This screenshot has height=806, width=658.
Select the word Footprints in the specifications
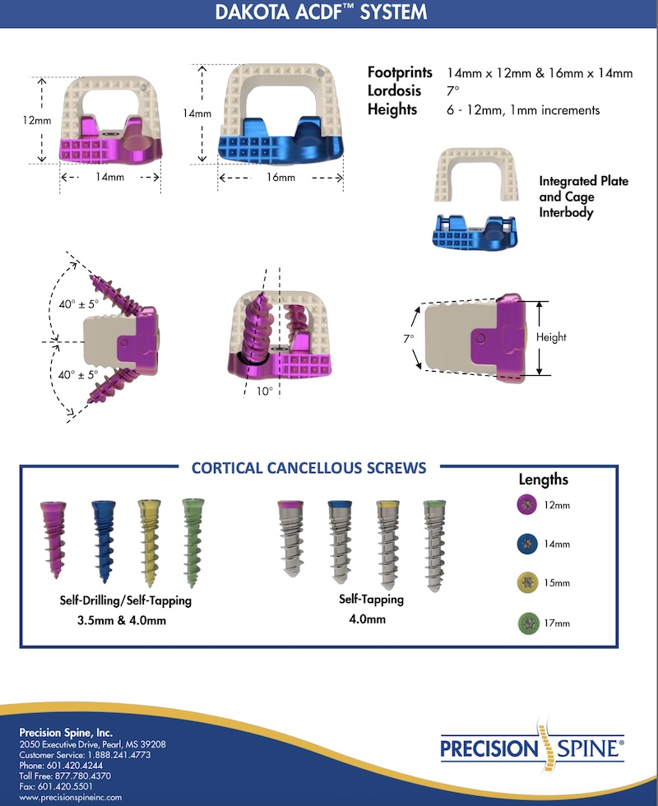(x=400, y=73)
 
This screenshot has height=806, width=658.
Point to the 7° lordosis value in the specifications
(x=453, y=91)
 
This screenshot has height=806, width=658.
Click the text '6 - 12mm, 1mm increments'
(x=523, y=109)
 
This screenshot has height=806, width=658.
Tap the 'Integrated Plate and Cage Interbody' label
(x=578, y=197)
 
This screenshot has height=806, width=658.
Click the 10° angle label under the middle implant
(x=263, y=391)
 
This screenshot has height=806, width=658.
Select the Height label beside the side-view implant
(x=550, y=337)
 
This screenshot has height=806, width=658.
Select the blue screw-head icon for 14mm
(x=521, y=544)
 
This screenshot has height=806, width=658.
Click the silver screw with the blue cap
(x=339, y=540)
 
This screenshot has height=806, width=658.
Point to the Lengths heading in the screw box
(x=543, y=479)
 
